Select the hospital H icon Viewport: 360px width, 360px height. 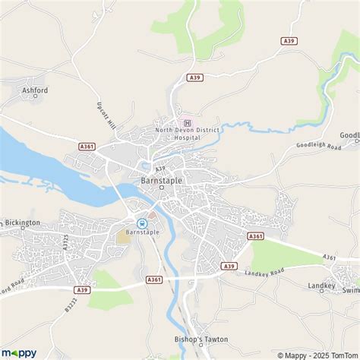tap(182, 121)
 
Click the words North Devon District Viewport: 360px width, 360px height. tap(187, 130)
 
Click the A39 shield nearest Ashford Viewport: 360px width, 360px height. tap(195, 77)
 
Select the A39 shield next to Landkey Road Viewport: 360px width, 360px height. tap(229, 265)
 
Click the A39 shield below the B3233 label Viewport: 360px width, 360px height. tap(83, 289)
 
